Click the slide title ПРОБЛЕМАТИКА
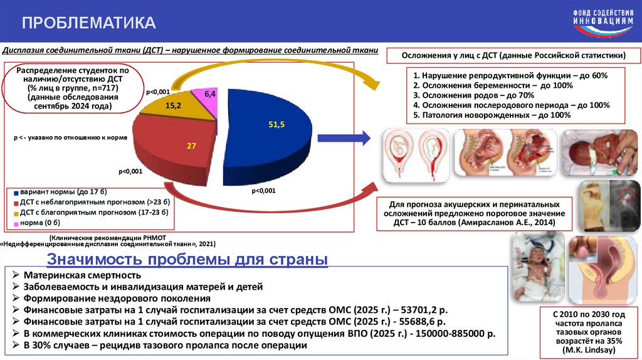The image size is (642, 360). [89, 23]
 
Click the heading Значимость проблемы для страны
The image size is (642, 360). [187, 259]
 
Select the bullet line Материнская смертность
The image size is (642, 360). [82, 275]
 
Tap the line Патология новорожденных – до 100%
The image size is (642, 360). [492, 115]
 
